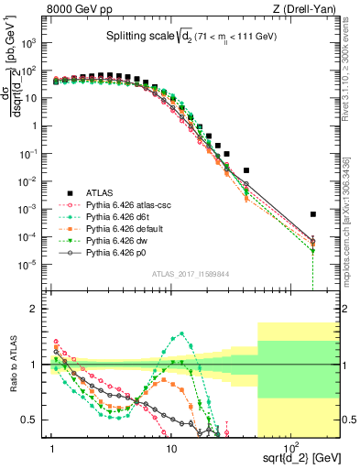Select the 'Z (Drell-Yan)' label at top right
[x=308, y=11]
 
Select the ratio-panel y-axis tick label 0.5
[x=34, y=420]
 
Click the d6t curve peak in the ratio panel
[x=182, y=333]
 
